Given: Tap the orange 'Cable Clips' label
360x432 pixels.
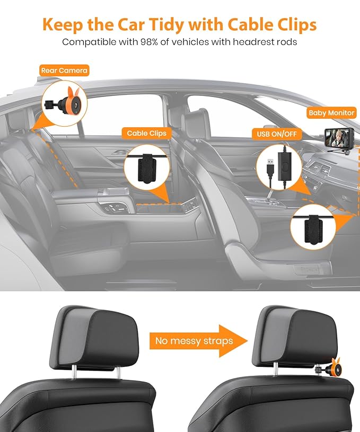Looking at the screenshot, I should click(x=146, y=134).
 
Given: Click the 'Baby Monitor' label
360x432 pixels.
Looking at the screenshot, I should click(x=331, y=113).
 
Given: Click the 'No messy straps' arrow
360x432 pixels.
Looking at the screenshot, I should click(x=200, y=340).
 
